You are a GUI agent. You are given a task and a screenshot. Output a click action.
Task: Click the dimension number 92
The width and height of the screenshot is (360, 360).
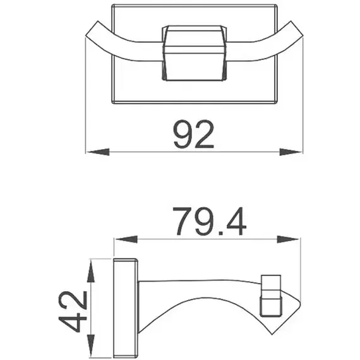(x=193, y=134)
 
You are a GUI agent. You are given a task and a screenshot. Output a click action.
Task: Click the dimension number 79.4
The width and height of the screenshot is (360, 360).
(x=210, y=221)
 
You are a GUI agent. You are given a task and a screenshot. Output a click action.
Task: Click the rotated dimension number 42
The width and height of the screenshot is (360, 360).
(x=73, y=311)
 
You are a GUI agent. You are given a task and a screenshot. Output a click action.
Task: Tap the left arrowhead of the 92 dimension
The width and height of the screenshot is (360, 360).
(x=99, y=152)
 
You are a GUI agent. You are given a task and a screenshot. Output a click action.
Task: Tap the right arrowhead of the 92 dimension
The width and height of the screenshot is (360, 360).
(x=291, y=152)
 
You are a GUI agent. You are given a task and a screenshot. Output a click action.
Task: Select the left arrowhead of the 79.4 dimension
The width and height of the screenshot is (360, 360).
(x=127, y=239)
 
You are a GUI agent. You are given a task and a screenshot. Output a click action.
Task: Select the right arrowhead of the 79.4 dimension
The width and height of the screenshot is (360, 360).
(x=288, y=239)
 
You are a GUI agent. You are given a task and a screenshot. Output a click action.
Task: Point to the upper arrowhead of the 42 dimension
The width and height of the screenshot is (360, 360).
(x=91, y=271)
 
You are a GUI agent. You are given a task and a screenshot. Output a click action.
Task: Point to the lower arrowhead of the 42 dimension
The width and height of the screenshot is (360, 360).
(x=91, y=345)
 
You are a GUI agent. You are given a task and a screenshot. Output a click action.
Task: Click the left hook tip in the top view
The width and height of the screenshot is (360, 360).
(x=92, y=28)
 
